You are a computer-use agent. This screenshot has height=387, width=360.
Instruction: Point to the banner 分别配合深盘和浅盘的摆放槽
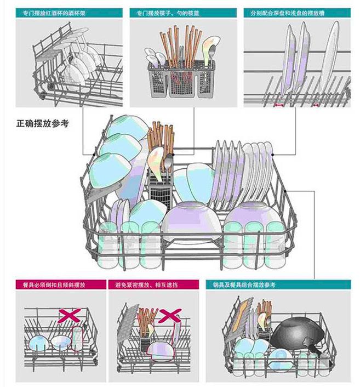click(x=279, y=12)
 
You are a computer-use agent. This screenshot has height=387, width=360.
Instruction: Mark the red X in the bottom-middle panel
click(x=169, y=315)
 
